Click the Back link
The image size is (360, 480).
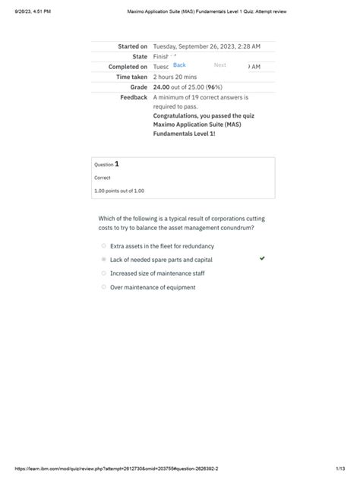[179, 65]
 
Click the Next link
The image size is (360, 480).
[220, 65]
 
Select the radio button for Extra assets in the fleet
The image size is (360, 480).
[103, 246]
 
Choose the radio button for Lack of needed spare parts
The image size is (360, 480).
[103, 260]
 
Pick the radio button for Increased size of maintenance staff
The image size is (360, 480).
[103, 273]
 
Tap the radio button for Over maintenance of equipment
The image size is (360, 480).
[103, 287]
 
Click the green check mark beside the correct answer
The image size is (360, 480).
[262, 259]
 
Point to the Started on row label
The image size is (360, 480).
[132, 46]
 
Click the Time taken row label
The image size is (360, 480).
[131, 77]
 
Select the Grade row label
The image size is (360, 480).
[138, 87]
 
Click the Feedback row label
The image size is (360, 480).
[134, 98]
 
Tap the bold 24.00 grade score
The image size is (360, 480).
[162, 87]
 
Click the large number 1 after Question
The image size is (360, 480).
[116, 163]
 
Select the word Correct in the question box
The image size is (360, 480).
[102, 178]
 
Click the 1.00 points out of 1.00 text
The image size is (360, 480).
[118, 191]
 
